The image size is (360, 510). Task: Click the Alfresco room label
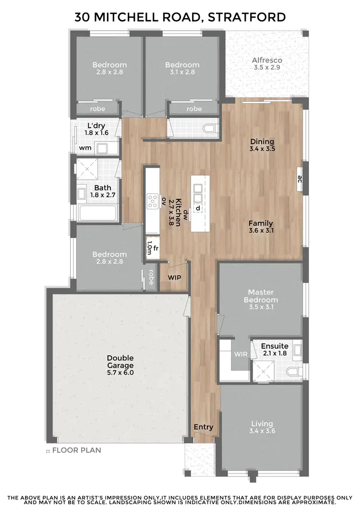[267, 61]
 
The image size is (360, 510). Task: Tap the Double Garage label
[120, 362]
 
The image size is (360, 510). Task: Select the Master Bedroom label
[263, 296]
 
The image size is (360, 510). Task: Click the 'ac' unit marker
[300, 180]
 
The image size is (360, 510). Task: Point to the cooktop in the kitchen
[153, 201]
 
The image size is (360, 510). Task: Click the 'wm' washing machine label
[85, 148]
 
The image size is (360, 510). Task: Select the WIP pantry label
[174, 278]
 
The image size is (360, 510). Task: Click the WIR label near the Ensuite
[240, 354]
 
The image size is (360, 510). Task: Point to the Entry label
[204, 427]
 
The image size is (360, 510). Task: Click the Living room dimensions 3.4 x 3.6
[262, 431]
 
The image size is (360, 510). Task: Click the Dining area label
[262, 142]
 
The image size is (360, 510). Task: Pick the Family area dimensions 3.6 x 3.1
[261, 231]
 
